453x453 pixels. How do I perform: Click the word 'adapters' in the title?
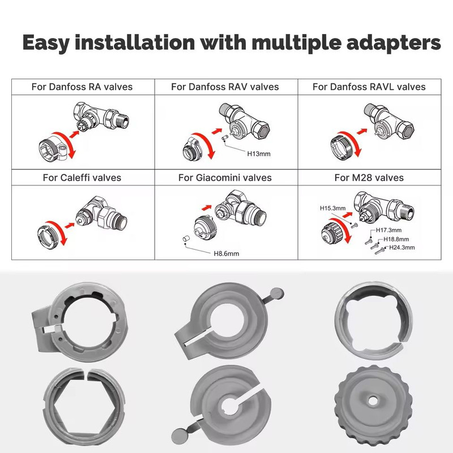tap(393, 43)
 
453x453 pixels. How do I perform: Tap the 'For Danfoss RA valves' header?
tap(82, 87)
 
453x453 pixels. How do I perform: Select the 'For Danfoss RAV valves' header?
tap(225, 87)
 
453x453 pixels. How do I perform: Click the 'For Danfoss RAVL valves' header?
tap(369, 87)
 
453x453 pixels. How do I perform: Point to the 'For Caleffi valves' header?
tap(82, 177)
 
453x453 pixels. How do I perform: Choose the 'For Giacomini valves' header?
tap(225, 177)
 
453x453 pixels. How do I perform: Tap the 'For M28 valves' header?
tap(369, 177)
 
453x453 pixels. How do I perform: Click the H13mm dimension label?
tap(259, 154)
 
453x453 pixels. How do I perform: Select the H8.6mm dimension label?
tap(226, 254)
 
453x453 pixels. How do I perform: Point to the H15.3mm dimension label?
tap(333, 208)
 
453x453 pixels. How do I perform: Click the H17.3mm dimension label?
tap(389, 230)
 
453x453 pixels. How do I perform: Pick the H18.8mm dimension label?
tap(396, 239)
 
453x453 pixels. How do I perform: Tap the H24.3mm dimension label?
tap(402, 247)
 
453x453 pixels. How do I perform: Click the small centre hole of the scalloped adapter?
tap(373, 401)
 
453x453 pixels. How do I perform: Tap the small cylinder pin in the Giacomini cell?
tap(186, 239)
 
